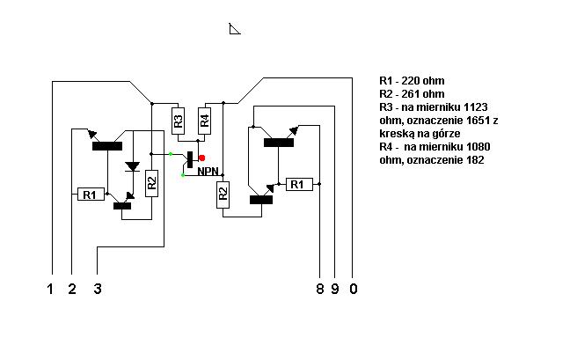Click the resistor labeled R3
coord(178,121)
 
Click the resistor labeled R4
coord(205,121)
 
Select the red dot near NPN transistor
coord(201,158)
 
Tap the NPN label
coord(208,171)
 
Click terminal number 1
coord(50,289)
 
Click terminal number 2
coord(72,289)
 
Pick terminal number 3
coord(98,289)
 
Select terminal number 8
coord(320,289)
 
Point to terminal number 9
coord(335,289)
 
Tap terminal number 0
coord(354,289)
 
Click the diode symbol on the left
coord(133,166)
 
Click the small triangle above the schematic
coord(234,29)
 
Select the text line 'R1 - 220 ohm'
coord(412,81)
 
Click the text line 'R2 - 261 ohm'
coord(412,94)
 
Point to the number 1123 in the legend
coord(476,107)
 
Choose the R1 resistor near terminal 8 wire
coord(299,184)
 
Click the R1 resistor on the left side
coord(91,195)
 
